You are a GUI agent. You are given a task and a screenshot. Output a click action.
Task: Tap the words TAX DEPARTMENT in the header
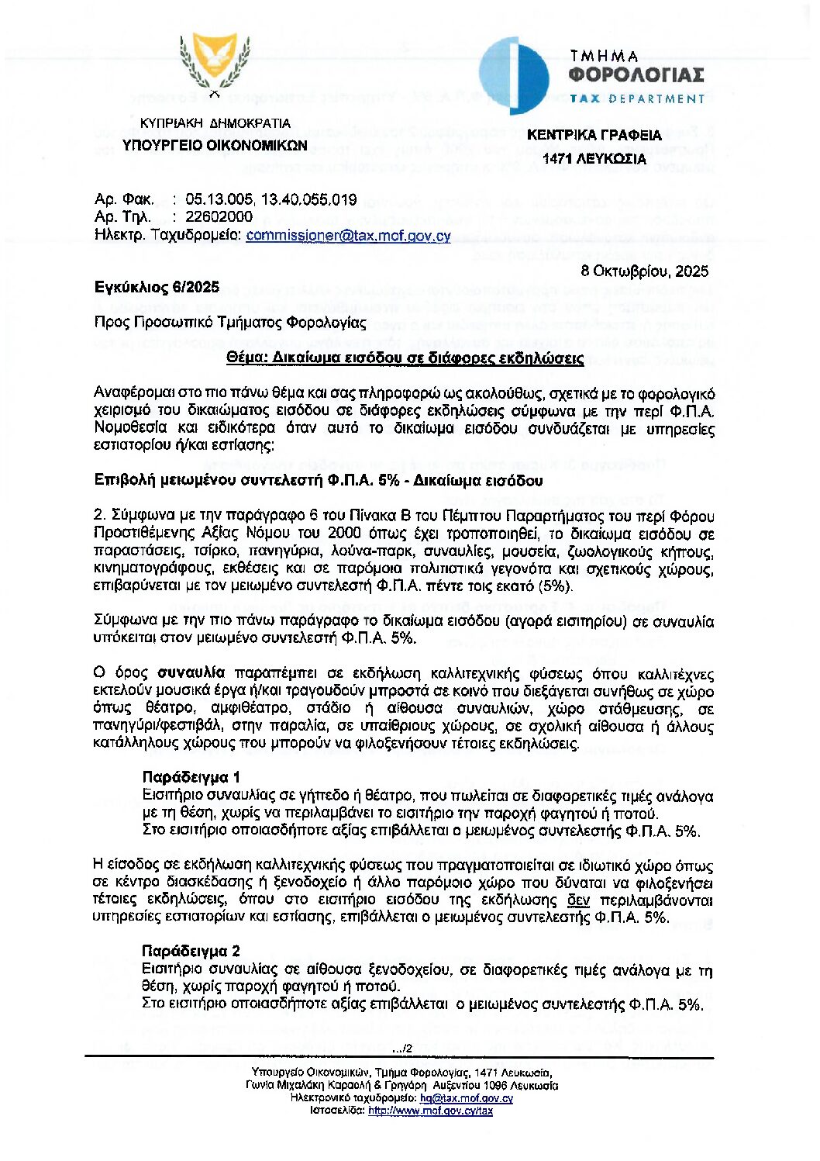(x=636, y=99)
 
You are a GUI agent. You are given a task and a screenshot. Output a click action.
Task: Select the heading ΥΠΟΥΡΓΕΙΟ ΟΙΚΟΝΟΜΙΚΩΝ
(x=215, y=145)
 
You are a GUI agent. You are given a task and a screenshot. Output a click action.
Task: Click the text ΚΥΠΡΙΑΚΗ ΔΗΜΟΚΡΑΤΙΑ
(x=215, y=123)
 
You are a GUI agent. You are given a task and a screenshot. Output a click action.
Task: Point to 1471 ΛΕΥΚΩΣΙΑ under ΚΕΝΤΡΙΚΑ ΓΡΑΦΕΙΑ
(x=594, y=159)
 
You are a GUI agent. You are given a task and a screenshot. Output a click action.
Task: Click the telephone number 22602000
(x=219, y=217)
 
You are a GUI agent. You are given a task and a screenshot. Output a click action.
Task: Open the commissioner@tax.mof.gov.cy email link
(x=348, y=235)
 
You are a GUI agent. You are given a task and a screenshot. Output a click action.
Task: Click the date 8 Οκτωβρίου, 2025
(x=645, y=271)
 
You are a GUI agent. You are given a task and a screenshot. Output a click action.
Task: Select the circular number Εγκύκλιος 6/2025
(x=157, y=288)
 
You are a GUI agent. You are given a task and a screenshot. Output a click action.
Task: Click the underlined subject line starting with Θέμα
(x=405, y=358)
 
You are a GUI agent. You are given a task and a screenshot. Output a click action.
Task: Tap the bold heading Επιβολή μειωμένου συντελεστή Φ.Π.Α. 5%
(x=319, y=481)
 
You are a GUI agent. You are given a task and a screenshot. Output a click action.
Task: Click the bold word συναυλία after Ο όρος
(x=191, y=672)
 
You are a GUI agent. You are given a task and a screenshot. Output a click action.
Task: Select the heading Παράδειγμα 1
(x=191, y=777)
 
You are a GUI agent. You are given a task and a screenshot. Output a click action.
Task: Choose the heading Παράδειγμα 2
(x=191, y=951)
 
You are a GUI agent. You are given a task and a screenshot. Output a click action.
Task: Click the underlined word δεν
(x=578, y=900)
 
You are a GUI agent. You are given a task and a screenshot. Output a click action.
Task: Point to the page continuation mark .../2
(x=402, y=1049)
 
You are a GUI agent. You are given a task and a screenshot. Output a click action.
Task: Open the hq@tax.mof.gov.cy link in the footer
(x=467, y=1098)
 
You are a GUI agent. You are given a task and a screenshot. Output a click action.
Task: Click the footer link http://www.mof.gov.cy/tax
(x=430, y=1111)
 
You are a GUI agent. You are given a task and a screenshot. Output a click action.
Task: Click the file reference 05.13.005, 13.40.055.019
(x=271, y=200)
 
